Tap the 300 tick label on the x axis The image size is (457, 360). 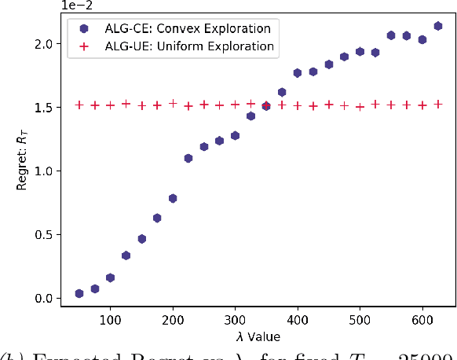coord(235,321)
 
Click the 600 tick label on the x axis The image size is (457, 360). coord(422,321)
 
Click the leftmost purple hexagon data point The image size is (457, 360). coord(79,293)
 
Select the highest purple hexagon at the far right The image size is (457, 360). coord(438,26)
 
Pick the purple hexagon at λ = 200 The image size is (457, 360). coord(173,198)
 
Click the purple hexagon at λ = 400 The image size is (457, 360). coord(298,73)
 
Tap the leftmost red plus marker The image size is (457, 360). coord(79,105)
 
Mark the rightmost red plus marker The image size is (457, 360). coord(438,104)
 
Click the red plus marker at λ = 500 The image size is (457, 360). coord(360,106)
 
